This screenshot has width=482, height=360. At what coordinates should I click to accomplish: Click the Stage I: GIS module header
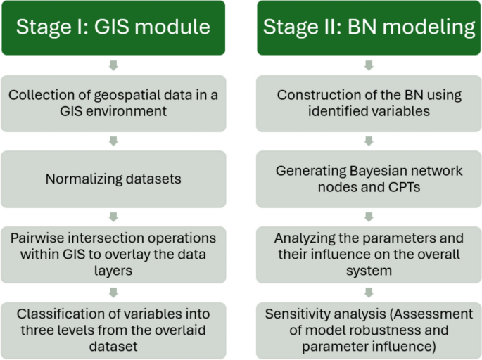pyautogui.click(x=113, y=27)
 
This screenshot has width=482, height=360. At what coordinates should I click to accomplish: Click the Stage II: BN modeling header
pyautogui.click(x=369, y=27)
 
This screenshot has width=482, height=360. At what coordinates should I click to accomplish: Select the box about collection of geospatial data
pyautogui.click(x=113, y=103)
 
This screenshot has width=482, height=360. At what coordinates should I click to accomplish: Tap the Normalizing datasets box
pyautogui.click(x=113, y=179)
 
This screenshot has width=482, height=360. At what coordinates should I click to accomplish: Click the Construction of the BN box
pyautogui.click(x=369, y=103)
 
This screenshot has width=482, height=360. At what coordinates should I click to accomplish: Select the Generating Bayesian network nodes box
pyautogui.click(x=369, y=179)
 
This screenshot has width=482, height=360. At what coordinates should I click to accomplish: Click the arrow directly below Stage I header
pyautogui.click(x=113, y=65)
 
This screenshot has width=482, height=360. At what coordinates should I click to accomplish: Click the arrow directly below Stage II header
pyautogui.click(x=369, y=65)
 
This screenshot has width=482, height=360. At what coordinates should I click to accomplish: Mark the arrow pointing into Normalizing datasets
pyautogui.click(x=113, y=141)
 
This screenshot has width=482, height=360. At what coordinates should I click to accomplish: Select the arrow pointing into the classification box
pyautogui.click(x=113, y=292)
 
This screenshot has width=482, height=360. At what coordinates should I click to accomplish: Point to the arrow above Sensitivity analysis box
pyautogui.click(x=369, y=292)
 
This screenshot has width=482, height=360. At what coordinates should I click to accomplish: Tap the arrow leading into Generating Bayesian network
pyautogui.click(x=369, y=141)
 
